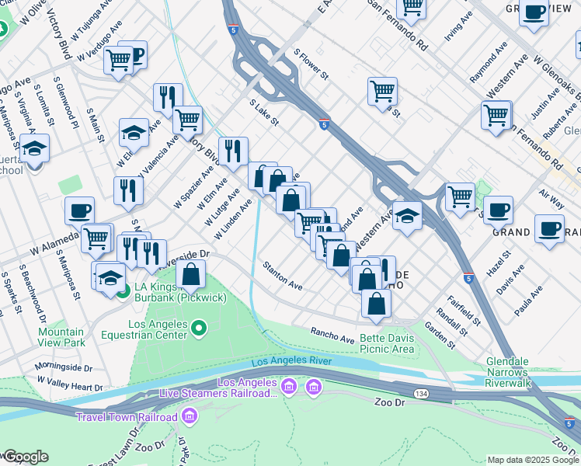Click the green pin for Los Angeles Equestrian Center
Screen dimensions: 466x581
point(199,329)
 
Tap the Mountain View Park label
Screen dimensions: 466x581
point(61,336)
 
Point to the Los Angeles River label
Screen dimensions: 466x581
point(292,361)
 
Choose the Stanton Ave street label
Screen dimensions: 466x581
point(282,276)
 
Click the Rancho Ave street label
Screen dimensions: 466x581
point(332,335)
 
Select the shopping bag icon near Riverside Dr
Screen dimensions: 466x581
point(190,274)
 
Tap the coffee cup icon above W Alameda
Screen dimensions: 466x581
point(79,210)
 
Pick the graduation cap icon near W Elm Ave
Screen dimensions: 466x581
point(134,133)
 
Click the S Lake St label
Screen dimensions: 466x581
point(263,113)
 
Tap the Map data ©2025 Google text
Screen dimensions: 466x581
point(533,460)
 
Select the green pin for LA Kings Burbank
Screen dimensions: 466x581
point(124,291)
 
